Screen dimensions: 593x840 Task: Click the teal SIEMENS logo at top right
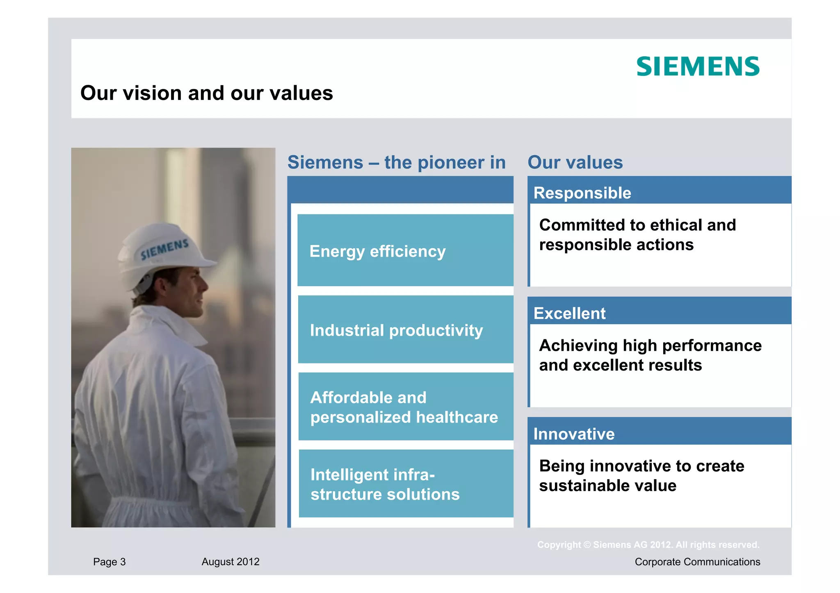pyautogui.click(x=698, y=66)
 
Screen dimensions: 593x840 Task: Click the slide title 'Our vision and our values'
pyautogui.click(x=206, y=93)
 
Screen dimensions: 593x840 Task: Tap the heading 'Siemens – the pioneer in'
pyautogui.click(x=396, y=162)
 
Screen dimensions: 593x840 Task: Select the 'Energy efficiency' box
pyautogui.click(x=405, y=250)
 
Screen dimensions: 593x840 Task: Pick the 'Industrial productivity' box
pyautogui.click(x=405, y=329)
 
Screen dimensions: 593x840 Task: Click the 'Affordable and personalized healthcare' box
pyautogui.click(x=405, y=407)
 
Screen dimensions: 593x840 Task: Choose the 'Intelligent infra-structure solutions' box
pyautogui.click(x=405, y=484)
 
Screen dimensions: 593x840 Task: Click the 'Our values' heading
pyautogui.click(x=575, y=162)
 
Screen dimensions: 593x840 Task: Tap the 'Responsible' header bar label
pyautogui.click(x=582, y=193)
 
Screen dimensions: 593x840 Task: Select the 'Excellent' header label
pyautogui.click(x=569, y=313)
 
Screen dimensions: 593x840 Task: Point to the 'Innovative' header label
pyautogui.click(x=574, y=434)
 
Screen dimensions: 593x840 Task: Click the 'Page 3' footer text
pyautogui.click(x=109, y=561)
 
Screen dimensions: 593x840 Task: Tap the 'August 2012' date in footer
pyautogui.click(x=231, y=561)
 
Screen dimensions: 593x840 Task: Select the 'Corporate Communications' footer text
pyautogui.click(x=697, y=561)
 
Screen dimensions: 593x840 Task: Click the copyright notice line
pyautogui.click(x=648, y=545)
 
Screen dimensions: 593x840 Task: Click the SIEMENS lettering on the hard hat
pyautogui.click(x=164, y=249)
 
